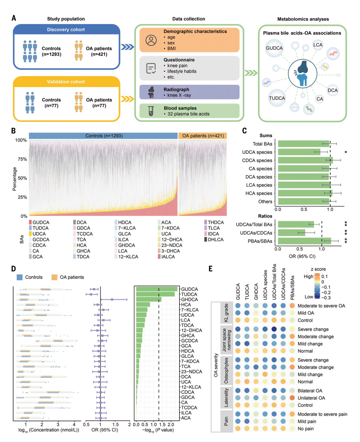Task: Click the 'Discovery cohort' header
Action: click(x=66, y=30)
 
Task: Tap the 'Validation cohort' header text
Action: click(x=66, y=82)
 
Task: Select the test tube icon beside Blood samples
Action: click(x=151, y=111)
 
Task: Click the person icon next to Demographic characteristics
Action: click(x=151, y=40)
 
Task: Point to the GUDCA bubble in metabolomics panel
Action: click(x=274, y=48)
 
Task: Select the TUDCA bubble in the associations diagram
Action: click(x=277, y=98)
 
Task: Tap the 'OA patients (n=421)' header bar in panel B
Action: click(x=203, y=136)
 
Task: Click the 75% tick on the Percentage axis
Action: click(x=22, y=159)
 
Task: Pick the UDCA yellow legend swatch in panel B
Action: click(x=30, y=234)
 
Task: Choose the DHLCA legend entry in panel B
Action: click(x=215, y=240)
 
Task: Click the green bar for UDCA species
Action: click(x=299, y=152)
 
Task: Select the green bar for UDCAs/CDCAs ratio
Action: click(x=291, y=233)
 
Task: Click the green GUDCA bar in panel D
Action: click(x=157, y=289)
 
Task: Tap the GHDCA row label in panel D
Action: click(x=189, y=299)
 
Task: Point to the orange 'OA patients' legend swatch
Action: click(x=54, y=277)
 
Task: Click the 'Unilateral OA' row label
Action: click(x=311, y=398)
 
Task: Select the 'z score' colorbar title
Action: click(x=318, y=269)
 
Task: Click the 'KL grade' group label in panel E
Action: click(x=226, y=313)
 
